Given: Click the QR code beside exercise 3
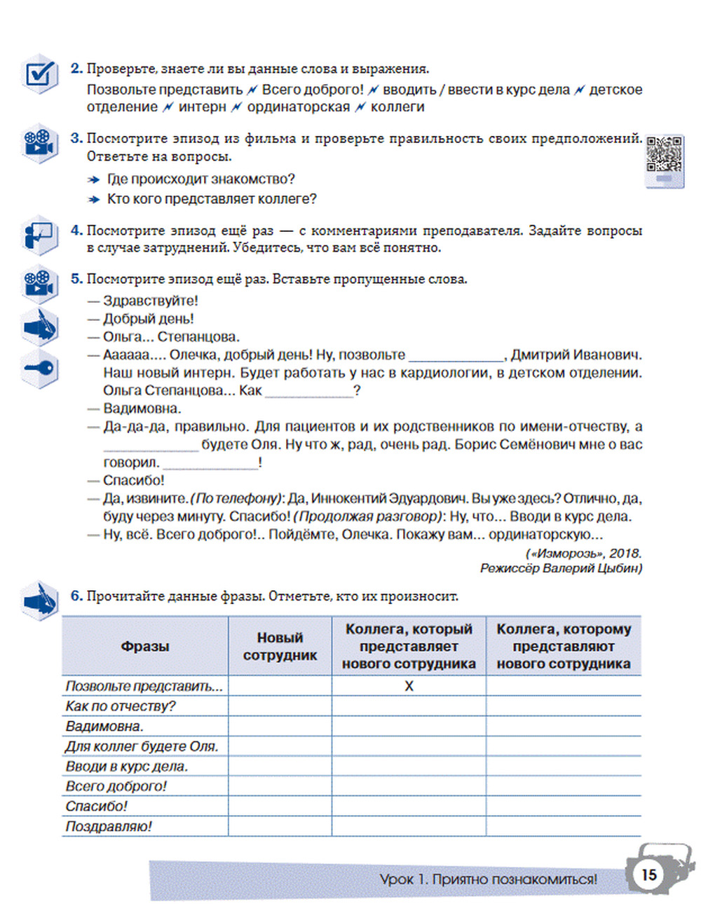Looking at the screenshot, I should [x=663, y=155].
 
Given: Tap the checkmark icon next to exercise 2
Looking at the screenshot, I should [x=40, y=74].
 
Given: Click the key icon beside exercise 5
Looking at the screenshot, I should [x=40, y=369].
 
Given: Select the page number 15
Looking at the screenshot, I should [x=649, y=874].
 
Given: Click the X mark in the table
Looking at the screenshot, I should [x=409, y=686].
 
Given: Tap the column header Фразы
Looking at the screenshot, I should [x=145, y=646].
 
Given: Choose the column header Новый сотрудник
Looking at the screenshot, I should [x=280, y=646].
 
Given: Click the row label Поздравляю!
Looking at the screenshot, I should [x=109, y=826].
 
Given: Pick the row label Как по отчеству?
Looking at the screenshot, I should [x=121, y=706].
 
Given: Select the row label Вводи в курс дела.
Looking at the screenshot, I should [x=127, y=766].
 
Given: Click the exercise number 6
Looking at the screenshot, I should [x=76, y=596].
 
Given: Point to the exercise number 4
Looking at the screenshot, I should [x=76, y=231].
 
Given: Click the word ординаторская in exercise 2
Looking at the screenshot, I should [x=298, y=107].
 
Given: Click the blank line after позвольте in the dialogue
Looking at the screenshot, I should [x=456, y=356].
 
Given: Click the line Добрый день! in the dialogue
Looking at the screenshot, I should [x=148, y=319].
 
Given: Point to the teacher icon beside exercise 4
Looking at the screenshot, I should [x=40, y=235].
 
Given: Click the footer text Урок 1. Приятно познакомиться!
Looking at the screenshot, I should [x=488, y=879].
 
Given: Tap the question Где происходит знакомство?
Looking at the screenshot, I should [x=200, y=179].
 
